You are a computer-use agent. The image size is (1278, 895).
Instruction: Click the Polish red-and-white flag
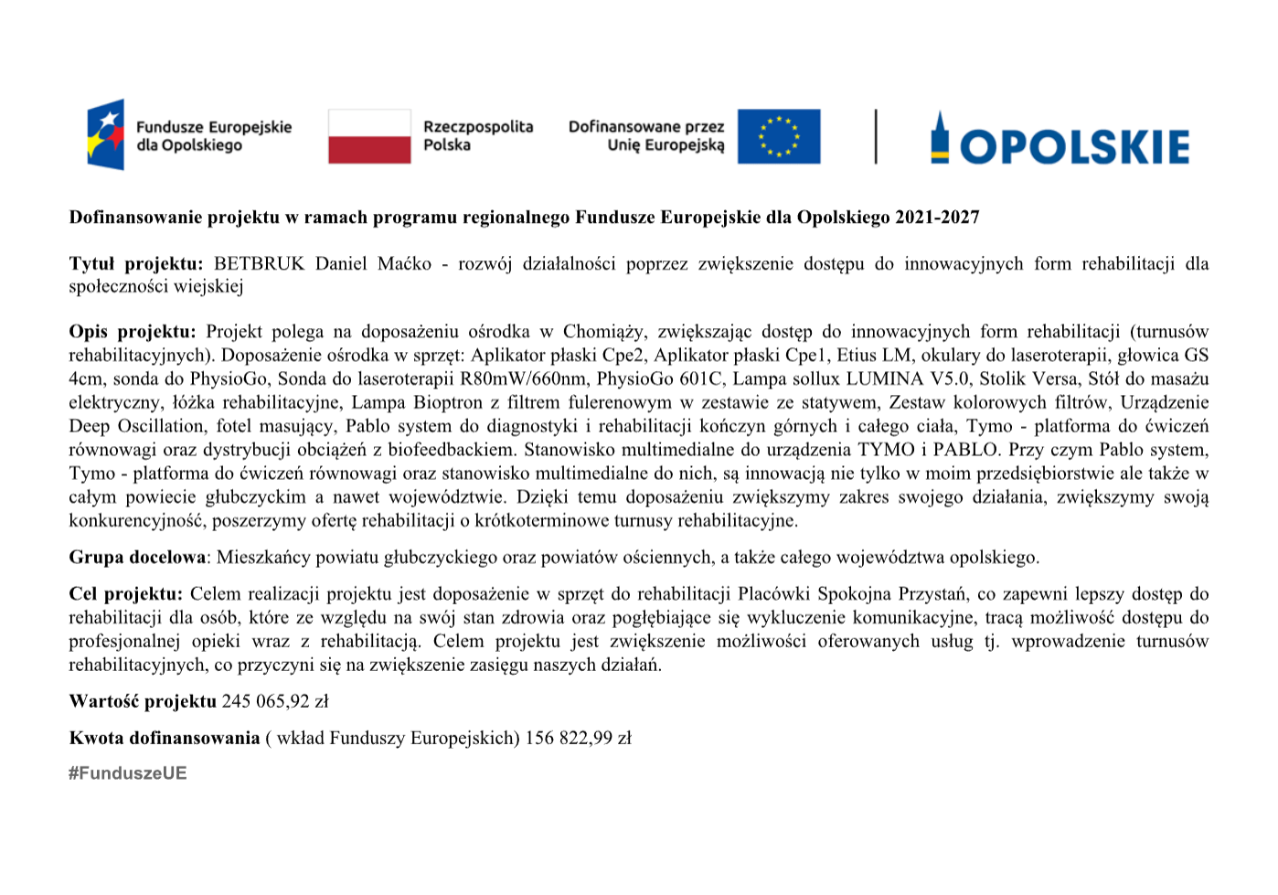click(x=369, y=136)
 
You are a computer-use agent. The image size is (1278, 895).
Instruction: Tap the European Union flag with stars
click(x=778, y=136)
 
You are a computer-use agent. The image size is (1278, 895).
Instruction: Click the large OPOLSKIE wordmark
click(x=1073, y=146)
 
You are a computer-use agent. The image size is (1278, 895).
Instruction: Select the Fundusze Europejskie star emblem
click(x=106, y=135)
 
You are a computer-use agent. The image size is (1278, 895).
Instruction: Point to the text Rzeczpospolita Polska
click(x=477, y=135)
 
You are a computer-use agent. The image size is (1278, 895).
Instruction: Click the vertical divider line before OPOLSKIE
click(x=876, y=136)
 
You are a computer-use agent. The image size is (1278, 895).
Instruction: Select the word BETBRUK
click(x=259, y=264)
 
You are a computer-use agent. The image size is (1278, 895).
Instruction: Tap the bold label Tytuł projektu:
click(x=136, y=264)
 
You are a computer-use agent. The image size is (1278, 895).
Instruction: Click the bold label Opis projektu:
click(x=133, y=332)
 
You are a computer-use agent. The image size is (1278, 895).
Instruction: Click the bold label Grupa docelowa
click(x=137, y=558)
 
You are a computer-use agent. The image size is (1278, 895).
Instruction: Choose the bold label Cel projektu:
click(x=126, y=594)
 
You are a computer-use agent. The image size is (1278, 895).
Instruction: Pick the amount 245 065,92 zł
click(x=275, y=702)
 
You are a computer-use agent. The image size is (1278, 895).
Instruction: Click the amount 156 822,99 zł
click(x=578, y=739)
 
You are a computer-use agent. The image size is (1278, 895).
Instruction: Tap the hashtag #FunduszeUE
click(x=127, y=773)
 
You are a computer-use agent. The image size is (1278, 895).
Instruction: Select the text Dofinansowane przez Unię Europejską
click(x=646, y=135)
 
